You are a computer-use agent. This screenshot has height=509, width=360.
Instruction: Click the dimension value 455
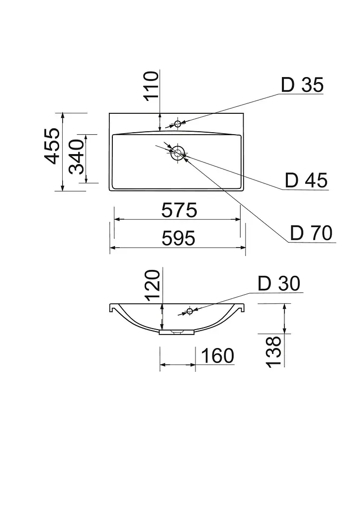52,146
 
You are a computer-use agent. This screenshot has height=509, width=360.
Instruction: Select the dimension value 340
77,157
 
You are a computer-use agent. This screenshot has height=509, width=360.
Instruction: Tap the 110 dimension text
152,86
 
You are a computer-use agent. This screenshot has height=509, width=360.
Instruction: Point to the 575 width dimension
179,210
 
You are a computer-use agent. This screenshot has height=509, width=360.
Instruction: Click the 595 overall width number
179,238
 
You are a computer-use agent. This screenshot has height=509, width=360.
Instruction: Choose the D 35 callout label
302,85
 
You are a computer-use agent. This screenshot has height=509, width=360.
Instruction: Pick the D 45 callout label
306,180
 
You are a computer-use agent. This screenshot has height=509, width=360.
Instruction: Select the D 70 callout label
311,233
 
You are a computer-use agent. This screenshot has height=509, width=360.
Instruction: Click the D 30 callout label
279,283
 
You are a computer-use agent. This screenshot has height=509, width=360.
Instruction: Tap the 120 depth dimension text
153,285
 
